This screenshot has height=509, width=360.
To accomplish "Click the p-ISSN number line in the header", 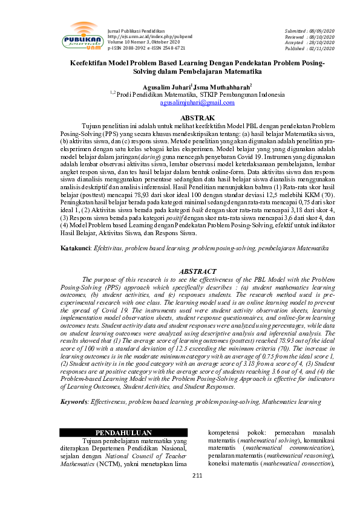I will tap(146, 48).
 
